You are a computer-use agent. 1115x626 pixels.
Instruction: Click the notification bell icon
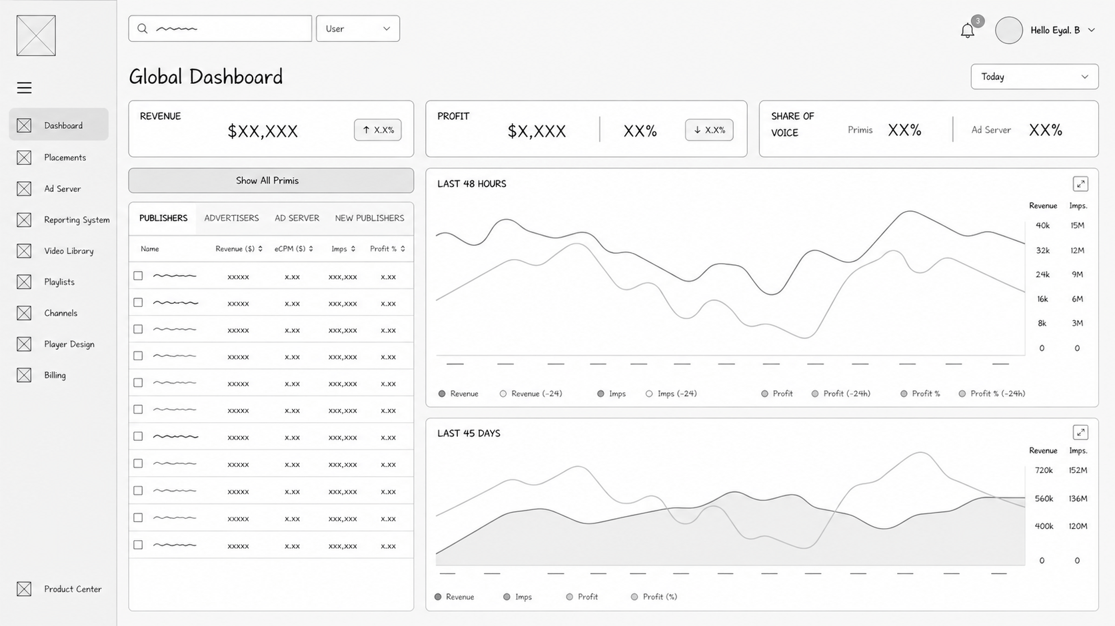click(967, 31)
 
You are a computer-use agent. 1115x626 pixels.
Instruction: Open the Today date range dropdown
click(1034, 77)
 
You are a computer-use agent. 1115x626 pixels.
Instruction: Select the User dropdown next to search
click(358, 29)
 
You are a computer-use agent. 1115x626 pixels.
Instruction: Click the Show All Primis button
click(271, 180)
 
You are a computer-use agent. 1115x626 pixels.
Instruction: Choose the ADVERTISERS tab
click(231, 218)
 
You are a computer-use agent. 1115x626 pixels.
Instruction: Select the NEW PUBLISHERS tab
click(369, 218)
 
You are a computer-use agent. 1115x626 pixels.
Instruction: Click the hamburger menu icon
click(25, 88)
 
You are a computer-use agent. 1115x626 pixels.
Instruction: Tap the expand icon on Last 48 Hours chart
click(1080, 184)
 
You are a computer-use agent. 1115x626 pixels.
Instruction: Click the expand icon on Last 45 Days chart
click(1080, 433)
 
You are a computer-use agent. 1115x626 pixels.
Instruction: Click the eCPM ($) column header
click(294, 248)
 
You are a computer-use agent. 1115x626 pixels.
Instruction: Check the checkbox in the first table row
click(138, 276)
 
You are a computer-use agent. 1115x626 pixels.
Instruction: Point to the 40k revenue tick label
click(1042, 225)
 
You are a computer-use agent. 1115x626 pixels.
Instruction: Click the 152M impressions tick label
click(1078, 470)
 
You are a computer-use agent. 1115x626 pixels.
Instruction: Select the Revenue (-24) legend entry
click(531, 394)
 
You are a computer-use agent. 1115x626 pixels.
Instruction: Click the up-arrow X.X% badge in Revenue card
click(378, 130)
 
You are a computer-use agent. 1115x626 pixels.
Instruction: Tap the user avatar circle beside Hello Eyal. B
click(1008, 31)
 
